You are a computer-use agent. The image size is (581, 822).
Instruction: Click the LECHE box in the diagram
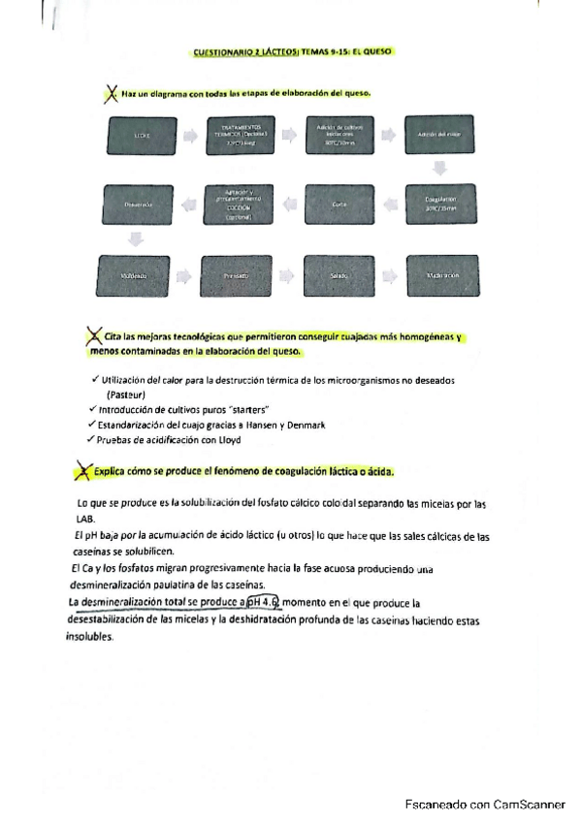[x=142, y=138]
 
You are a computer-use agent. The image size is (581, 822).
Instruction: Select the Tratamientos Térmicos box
[x=242, y=138]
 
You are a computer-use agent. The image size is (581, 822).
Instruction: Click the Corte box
[x=340, y=205]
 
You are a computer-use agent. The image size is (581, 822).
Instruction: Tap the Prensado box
[x=237, y=275]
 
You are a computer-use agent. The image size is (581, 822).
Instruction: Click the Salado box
[x=340, y=275]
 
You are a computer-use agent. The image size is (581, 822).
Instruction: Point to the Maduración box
[x=442, y=275]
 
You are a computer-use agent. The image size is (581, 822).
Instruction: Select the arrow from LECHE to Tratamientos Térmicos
[x=190, y=138]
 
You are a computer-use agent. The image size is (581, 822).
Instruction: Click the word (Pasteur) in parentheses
[x=125, y=395]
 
